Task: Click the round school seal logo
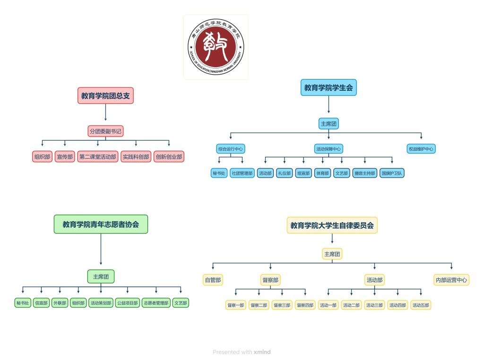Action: [x=216, y=47]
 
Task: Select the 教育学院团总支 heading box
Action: [x=105, y=96]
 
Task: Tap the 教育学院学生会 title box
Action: [x=328, y=87]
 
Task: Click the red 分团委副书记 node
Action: [x=106, y=131]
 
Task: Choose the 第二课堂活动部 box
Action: [x=98, y=157]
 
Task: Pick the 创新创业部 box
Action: [x=169, y=157]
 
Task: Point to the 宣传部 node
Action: [x=65, y=157]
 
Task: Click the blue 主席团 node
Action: [x=329, y=124]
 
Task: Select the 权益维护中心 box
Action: [x=421, y=149]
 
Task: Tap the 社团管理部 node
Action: [x=242, y=173]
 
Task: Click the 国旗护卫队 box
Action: [x=392, y=173]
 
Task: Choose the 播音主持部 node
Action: [x=365, y=173]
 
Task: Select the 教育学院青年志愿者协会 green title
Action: [x=101, y=224]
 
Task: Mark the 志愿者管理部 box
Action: [x=156, y=303]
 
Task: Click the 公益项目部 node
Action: [x=127, y=303]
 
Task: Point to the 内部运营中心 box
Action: [x=451, y=280]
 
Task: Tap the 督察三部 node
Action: [x=282, y=305]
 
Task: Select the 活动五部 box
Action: [x=421, y=305]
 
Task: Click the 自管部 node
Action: [x=213, y=280]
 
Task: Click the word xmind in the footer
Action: [x=262, y=352]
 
